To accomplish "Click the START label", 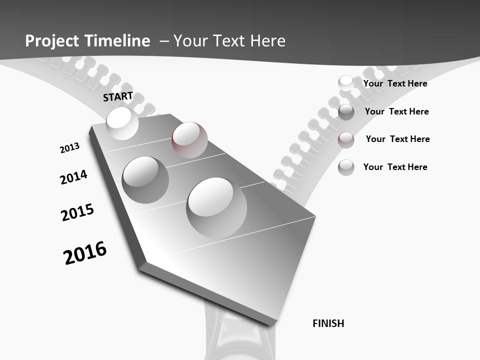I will pos(118,96).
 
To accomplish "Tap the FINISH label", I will pos(328,323).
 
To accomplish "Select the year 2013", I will pos(69,148).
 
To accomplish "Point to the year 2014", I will pos(73,177).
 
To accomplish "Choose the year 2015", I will pos(77,212).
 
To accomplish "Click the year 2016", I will pos(85,252).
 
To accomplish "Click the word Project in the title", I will pos(52,41).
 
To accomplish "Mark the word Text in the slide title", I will pos(227,41).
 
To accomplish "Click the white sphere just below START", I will pos(122,123).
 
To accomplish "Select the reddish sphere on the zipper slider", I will pos(189,139).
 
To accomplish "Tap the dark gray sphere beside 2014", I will pos(145,179).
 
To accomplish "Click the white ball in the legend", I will pos(346,83).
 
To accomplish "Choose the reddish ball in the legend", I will pos(346,139).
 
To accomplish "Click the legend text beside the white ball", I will pos(395,83).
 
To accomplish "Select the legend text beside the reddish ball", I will pos(397,139).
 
